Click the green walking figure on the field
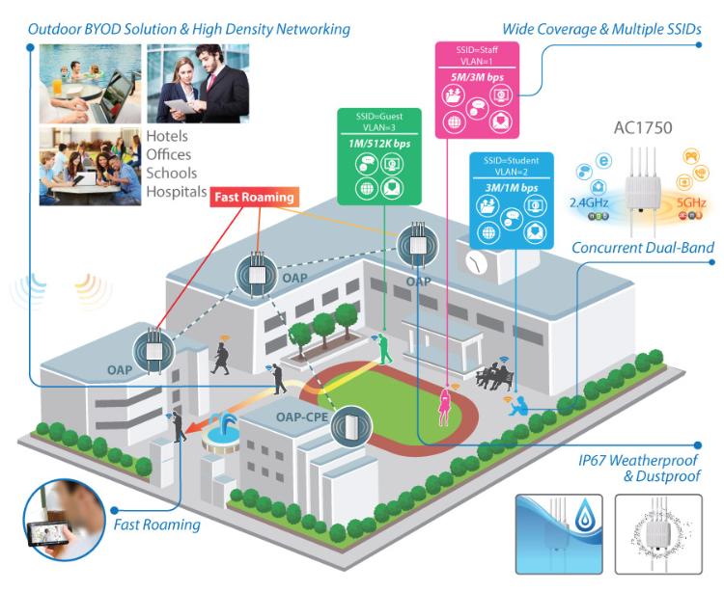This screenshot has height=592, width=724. [386, 348]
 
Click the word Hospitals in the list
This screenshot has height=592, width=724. [176, 191]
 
